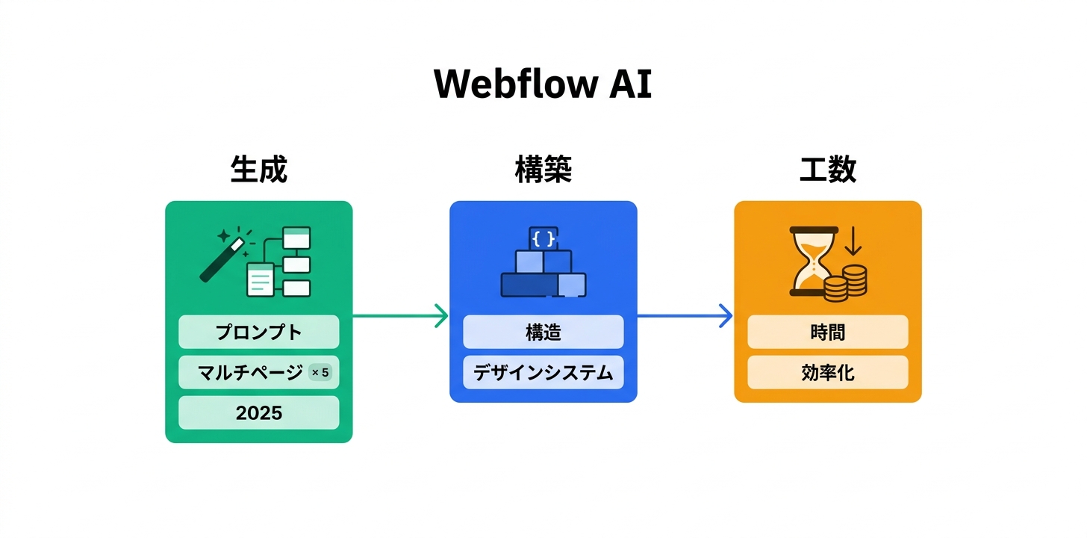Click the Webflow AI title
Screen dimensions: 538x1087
543,84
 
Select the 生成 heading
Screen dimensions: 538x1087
258,170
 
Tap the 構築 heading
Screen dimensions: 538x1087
543,170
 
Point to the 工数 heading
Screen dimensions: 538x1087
827,170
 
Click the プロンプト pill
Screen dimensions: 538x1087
258,332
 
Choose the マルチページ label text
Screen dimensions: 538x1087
250,372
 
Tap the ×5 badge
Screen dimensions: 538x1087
320,372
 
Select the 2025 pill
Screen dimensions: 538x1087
258,412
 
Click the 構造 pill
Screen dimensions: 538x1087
543,332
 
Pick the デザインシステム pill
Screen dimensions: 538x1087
543,372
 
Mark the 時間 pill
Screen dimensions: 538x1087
827,332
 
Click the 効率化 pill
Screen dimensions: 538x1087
827,372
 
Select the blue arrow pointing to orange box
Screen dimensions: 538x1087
685,316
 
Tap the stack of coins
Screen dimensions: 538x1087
847,283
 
